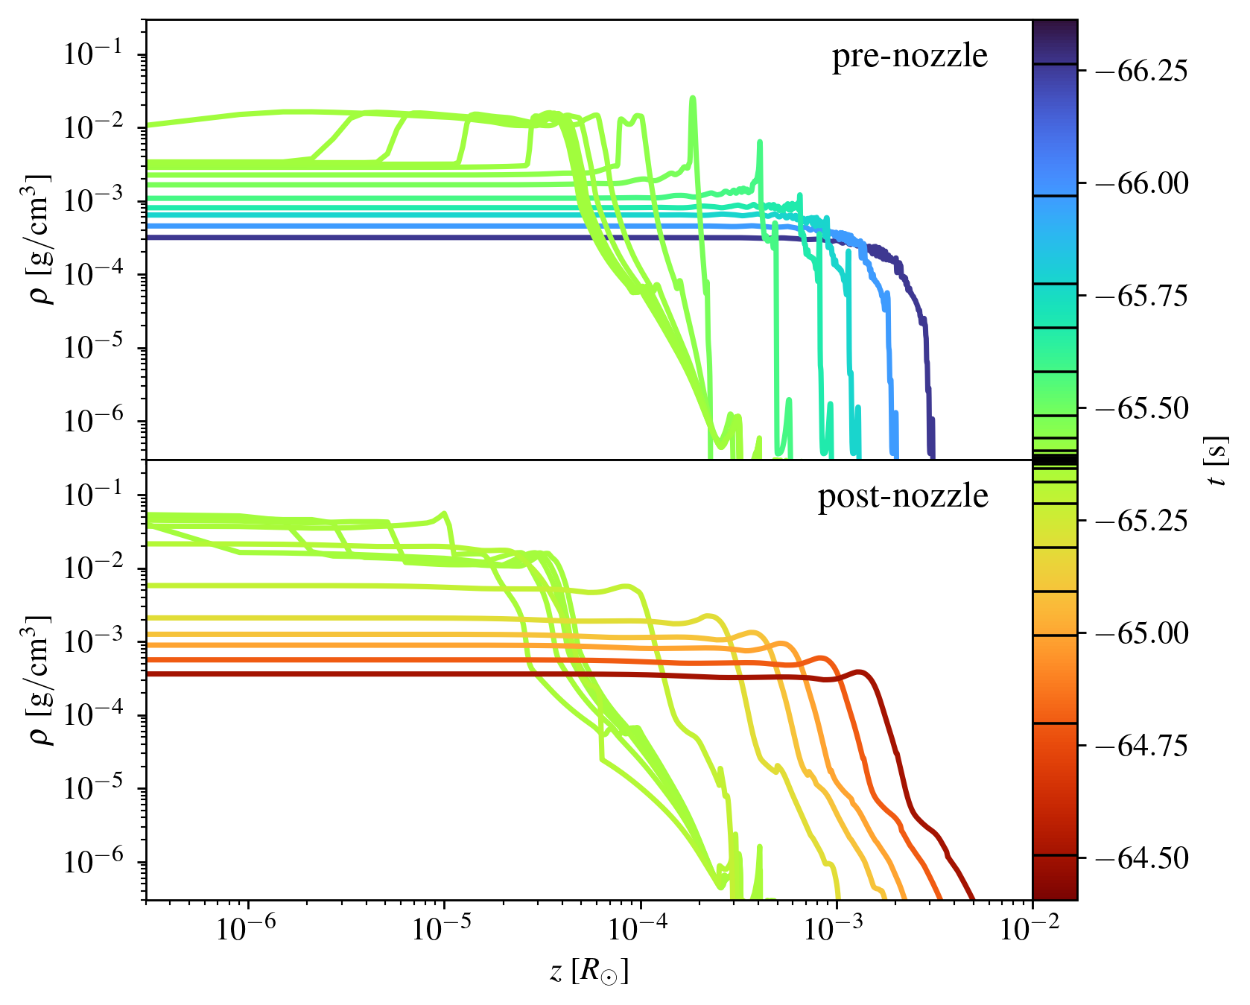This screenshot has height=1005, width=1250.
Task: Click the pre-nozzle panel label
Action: coord(910,56)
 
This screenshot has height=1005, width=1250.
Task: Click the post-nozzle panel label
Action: coord(903,496)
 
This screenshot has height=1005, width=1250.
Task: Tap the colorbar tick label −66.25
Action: coord(1138,72)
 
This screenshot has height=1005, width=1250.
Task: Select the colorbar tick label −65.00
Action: coord(1138,633)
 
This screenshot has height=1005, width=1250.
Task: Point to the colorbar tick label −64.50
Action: coord(1138,858)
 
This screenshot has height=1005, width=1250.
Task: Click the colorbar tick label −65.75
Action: coord(1138,296)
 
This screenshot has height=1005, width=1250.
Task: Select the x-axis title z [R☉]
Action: coord(589,971)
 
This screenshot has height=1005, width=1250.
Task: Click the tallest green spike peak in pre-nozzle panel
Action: coord(692,98)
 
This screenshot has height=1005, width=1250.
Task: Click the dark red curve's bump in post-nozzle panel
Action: coord(860,673)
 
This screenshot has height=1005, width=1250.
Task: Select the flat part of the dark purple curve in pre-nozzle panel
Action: coord(447,238)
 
